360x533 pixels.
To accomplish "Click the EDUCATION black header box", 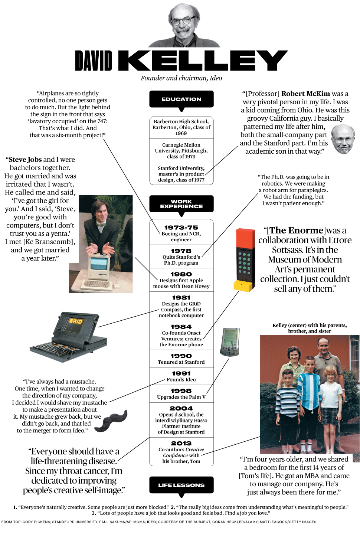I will (x=181, y=99).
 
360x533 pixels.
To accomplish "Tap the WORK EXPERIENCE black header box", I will (x=181, y=204).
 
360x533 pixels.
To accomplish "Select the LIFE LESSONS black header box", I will (x=181, y=485).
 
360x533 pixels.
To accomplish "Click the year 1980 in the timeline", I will (x=181, y=274).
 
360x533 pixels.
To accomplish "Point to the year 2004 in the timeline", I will (x=181, y=408).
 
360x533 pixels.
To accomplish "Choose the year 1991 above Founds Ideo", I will (x=181, y=373).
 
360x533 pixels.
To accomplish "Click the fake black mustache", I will (x=111, y=421).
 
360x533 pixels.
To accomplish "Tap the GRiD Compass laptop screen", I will (x=76, y=321).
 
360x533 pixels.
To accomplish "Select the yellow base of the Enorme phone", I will (x=243, y=286).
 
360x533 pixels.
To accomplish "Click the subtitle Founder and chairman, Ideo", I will (x=181, y=78).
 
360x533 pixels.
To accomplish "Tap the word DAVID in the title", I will (x=94, y=61).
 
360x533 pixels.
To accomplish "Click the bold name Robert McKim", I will (x=305, y=94).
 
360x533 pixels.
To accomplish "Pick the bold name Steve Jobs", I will (x=25, y=160).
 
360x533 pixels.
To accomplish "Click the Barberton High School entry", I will (x=181, y=127).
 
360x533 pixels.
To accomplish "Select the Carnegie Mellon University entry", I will (x=181, y=150).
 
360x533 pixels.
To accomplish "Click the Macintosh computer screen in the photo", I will (x=99, y=264).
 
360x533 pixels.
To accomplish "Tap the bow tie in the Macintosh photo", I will (x=101, y=224).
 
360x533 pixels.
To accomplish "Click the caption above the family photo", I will (x=310, y=328).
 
